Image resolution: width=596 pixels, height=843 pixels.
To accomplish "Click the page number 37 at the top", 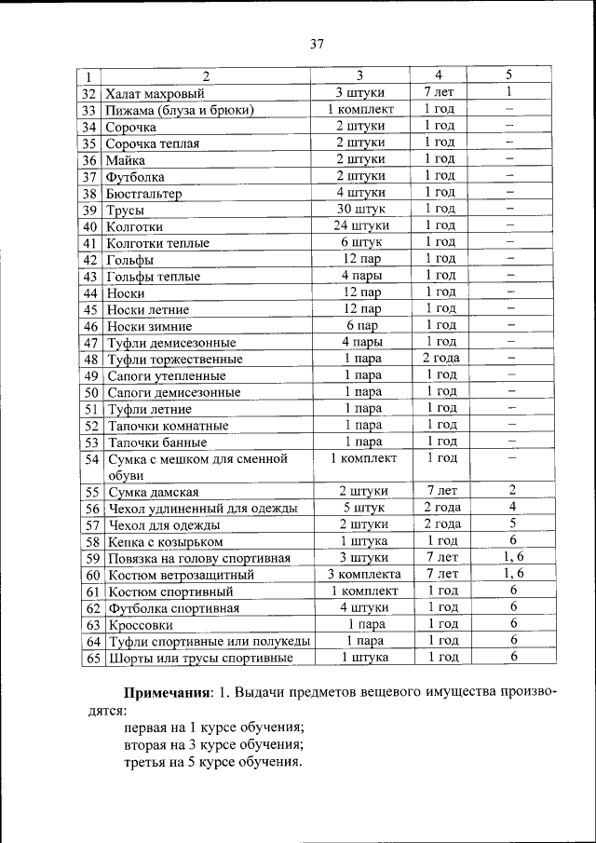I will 316,44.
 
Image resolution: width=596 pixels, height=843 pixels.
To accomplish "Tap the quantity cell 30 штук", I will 361,209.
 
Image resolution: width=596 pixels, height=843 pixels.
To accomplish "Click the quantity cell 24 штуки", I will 361,225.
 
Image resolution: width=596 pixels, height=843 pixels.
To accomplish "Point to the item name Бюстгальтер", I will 143,193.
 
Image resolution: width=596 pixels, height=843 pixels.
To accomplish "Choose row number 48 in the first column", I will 90,359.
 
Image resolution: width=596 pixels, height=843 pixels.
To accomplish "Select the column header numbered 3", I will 359,75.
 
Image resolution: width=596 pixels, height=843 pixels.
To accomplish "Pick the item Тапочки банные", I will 156,442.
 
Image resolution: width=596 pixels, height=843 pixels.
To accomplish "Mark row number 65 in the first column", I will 90,658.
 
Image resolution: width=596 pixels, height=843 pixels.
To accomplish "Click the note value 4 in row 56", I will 511,507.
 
